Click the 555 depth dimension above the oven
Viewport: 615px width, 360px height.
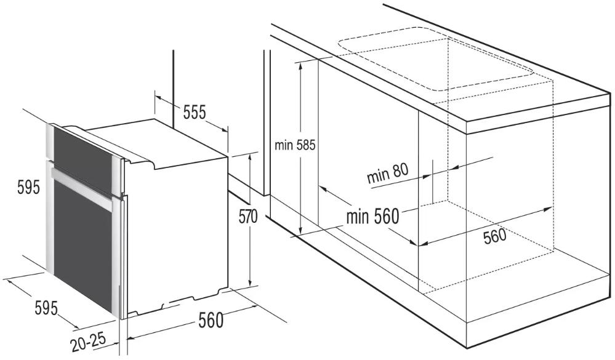[195, 113]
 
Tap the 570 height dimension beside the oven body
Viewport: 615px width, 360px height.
[248, 217]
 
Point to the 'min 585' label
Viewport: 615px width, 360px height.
[294, 145]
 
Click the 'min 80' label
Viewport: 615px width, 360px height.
[387, 174]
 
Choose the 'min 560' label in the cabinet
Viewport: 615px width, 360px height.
[372, 216]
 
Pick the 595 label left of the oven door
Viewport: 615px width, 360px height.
[29, 187]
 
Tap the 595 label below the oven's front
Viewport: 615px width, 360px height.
[46, 308]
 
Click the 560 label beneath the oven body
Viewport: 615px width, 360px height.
[211, 321]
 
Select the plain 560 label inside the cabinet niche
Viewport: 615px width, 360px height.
[494, 236]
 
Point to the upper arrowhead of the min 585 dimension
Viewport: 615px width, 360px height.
[301, 65]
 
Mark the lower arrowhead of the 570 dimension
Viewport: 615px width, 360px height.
[249, 283]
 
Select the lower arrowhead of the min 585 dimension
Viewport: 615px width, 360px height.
[300, 231]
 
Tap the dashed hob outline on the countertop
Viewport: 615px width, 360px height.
[435, 59]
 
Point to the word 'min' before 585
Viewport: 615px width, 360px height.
[284, 146]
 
